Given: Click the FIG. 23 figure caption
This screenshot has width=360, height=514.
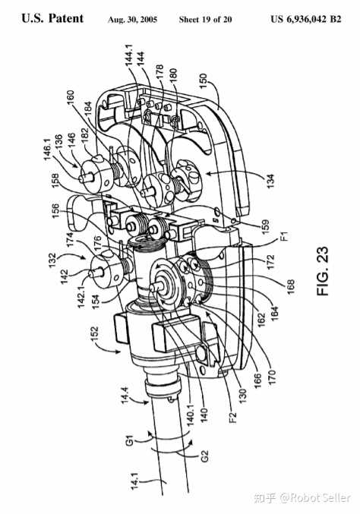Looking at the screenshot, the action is click(x=323, y=271).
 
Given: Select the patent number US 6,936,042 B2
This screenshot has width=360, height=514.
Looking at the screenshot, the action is click(x=306, y=19).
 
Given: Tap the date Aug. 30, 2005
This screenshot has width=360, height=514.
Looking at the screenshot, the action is click(x=132, y=20).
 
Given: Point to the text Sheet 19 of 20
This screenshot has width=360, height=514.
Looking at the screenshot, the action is click(x=206, y=20).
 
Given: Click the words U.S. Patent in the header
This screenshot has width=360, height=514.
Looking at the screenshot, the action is click(x=52, y=18).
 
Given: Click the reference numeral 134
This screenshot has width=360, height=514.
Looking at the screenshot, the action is click(x=270, y=182).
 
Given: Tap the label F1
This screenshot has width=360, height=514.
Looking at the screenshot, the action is click(x=285, y=236).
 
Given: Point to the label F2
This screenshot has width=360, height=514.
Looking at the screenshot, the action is click(x=232, y=417).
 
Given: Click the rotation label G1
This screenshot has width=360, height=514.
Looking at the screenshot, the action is click(x=130, y=440).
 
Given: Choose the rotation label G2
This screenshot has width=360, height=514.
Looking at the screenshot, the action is click(x=204, y=456).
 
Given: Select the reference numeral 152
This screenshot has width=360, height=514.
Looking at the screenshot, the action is click(x=94, y=334).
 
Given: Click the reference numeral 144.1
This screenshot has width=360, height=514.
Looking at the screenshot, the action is click(x=130, y=55).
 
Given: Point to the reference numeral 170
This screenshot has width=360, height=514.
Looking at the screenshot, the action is click(x=272, y=377).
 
